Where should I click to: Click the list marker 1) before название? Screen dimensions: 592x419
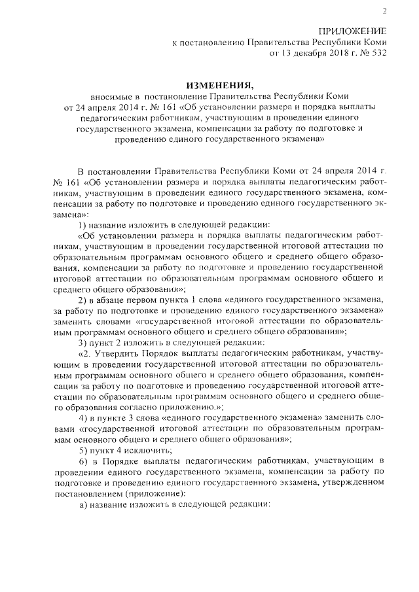coord(83,224)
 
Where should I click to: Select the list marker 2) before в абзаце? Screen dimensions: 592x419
coord(83,299)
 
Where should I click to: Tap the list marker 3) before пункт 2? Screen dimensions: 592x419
coord(83,341)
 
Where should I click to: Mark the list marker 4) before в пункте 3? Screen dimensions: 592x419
coord(83,417)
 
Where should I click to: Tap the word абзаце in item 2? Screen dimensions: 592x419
coord(117,299)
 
